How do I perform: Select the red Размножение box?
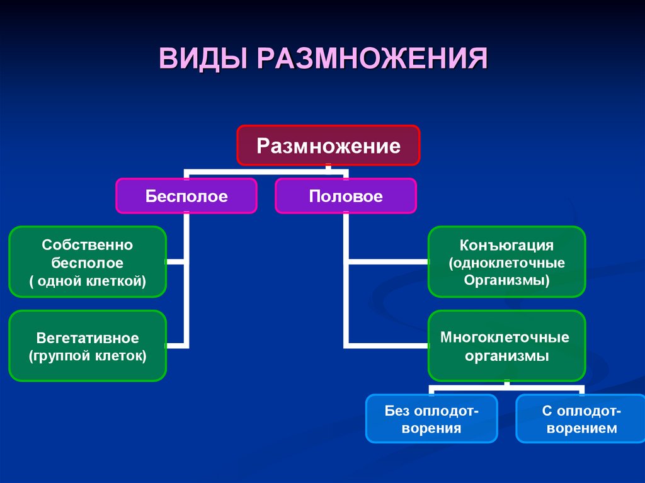pos(328,146)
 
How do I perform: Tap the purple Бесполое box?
pos(186,196)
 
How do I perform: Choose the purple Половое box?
pos(346,196)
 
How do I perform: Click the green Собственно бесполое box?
pos(88,262)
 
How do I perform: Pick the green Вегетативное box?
pos(88,346)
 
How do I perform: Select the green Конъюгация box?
pos(507,262)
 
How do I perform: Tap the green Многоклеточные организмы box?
pos(507,346)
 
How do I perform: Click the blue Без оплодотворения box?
pos(432,419)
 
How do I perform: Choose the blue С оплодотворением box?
pos(581,419)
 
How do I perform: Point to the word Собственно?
pos(88,244)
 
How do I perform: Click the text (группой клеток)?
pos(88,356)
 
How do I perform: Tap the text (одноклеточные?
pos(507,262)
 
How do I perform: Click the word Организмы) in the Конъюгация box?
pos(507,280)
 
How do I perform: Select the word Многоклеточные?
pos(505,337)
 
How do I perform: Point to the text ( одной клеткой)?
pos(88,280)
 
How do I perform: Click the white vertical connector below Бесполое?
pos(186,283)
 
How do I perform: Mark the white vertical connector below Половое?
pos(346,283)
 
